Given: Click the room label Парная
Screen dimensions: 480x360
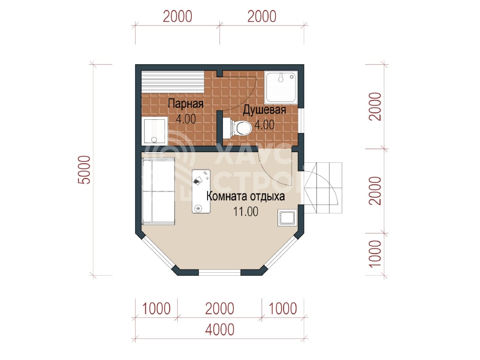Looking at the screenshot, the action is click(186, 103).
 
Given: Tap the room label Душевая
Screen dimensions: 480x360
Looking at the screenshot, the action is click(264, 109).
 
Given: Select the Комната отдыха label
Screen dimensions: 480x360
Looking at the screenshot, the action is click(246, 196).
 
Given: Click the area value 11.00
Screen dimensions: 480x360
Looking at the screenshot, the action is click(246, 211).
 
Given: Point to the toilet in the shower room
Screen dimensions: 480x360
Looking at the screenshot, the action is click(237, 128).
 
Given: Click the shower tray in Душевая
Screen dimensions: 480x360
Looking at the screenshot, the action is click(281, 87).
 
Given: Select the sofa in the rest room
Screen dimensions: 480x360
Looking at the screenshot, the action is click(158, 192).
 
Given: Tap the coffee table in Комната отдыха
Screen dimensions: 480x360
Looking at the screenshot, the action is click(201, 191).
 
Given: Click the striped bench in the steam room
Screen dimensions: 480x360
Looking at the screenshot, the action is click(173, 82).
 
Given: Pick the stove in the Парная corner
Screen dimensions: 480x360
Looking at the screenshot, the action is click(154, 131).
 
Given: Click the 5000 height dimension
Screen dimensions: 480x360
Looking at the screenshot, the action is click(84, 170).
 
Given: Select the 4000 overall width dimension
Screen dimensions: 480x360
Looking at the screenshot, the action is click(219, 330).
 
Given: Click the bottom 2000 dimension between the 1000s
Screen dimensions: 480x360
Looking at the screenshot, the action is click(219, 309).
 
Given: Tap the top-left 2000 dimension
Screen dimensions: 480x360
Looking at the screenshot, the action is click(178, 16).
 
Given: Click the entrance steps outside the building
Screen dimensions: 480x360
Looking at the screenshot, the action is click(323, 188).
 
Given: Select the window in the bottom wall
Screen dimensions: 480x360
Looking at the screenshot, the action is click(219, 272).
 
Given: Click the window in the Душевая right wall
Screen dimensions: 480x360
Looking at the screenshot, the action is click(301, 120).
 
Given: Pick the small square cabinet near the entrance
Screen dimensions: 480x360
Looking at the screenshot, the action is click(287, 217).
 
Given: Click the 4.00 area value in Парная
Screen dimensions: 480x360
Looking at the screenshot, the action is click(186, 119).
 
